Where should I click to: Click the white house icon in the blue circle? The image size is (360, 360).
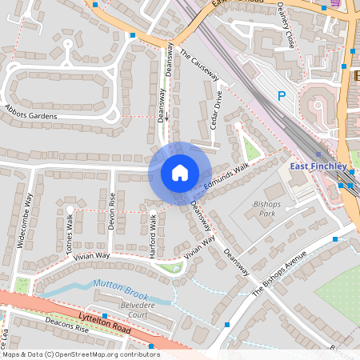pyautogui.click(x=179, y=173)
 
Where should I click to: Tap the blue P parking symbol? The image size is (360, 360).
pyautogui.click(x=281, y=95)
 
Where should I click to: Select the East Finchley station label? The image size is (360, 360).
pyautogui.click(x=318, y=166)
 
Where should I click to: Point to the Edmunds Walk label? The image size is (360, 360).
pyautogui.click(x=226, y=178)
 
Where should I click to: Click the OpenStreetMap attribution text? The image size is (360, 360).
pyautogui.click(x=80, y=354)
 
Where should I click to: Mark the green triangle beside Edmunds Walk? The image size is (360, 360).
pyautogui.click(x=251, y=148)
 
